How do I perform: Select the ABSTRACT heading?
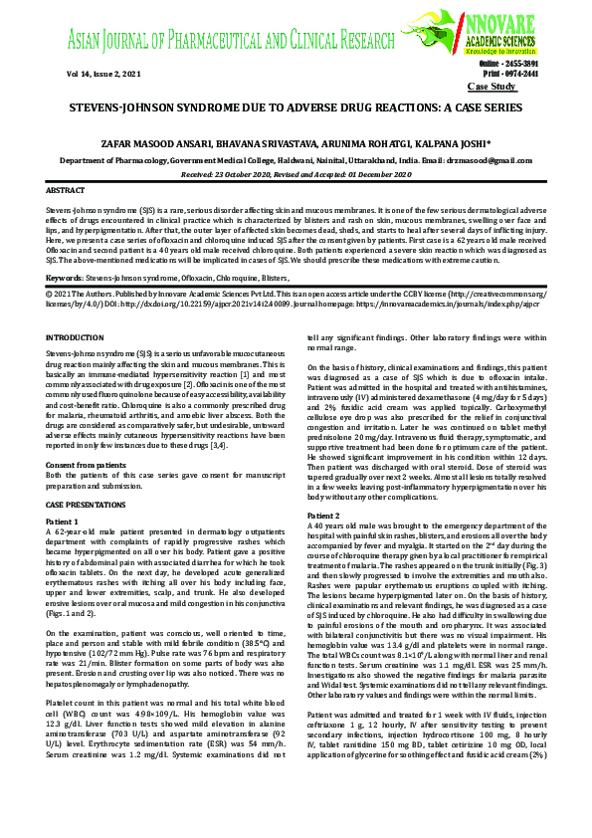coord(66,189)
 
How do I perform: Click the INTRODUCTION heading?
coord(76,338)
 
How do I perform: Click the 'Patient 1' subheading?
coord(63,523)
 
